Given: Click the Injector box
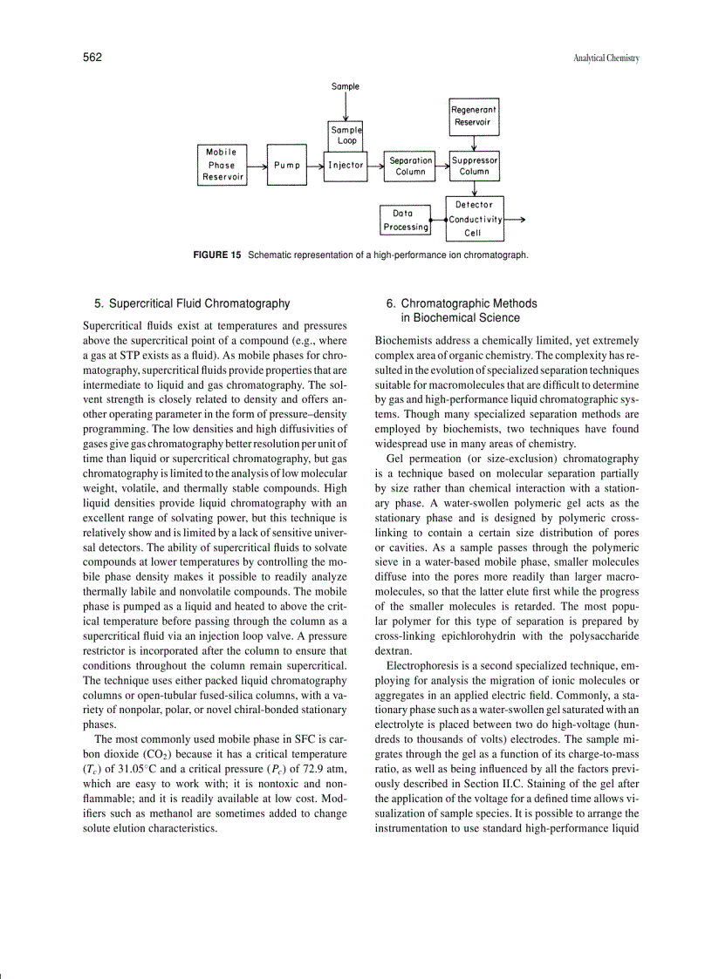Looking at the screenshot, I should tap(346, 165).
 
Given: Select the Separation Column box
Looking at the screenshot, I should tap(410, 166).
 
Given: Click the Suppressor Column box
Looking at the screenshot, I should tap(475, 166).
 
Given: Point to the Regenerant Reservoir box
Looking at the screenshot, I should tap(474, 116).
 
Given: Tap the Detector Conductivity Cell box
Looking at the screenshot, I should tap(475, 219).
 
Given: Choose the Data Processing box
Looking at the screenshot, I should tap(405, 220).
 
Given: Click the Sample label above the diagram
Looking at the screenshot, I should tap(346, 86).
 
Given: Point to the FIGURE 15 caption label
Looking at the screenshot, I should tap(216, 255).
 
